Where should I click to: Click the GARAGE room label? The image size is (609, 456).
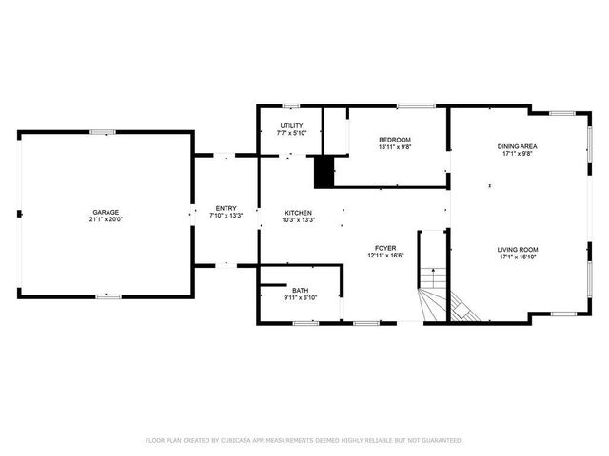click(x=106, y=212)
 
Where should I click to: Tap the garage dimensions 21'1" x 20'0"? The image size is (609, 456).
click(x=106, y=219)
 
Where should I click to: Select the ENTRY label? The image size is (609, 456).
click(x=226, y=208)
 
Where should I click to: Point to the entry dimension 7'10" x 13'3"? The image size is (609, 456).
click(x=226, y=216)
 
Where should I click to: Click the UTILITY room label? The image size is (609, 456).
click(x=290, y=125)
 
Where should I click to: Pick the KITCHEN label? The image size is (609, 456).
click(x=299, y=212)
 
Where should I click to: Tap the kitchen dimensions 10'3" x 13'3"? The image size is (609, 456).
click(x=299, y=219)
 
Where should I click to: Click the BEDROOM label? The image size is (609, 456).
click(x=395, y=140)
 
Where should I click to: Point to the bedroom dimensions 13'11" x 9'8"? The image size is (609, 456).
click(x=395, y=147)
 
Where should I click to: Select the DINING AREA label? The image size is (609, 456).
click(x=518, y=146)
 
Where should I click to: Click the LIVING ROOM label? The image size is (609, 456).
click(x=518, y=249)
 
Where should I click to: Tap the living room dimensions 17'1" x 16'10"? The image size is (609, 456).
click(x=518, y=256)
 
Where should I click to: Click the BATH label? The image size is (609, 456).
click(x=300, y=290)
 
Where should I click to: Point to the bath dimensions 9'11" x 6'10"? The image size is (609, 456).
click(x=300, y=297)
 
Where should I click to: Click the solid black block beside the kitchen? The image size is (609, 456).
click(x=324, y=172)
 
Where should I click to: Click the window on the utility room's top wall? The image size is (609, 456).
click(x=291, y=105)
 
